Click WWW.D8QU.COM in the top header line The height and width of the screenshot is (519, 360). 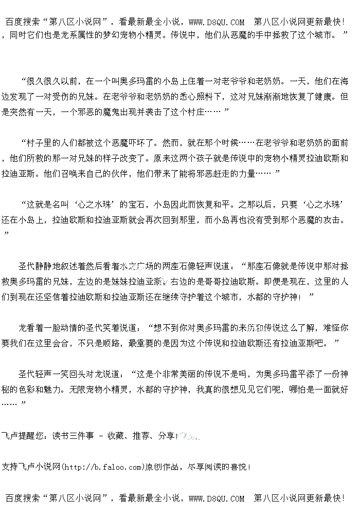pos(217,22)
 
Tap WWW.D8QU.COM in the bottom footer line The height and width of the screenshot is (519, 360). pos(217,498)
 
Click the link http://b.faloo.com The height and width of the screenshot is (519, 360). pos(101,467)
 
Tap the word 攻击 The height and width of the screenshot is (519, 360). pos(331,220)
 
